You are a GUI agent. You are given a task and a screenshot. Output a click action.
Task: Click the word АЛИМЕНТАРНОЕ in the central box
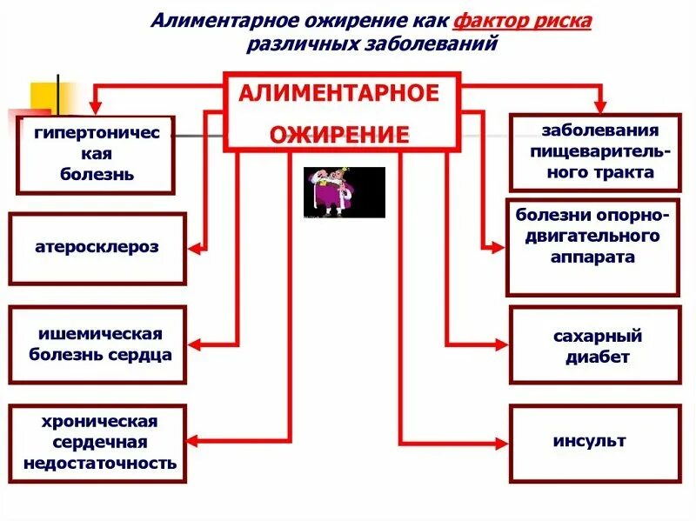[339, 94]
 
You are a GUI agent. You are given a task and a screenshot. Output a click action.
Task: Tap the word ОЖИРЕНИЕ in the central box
[339, 135]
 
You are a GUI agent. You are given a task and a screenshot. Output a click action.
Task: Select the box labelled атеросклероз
[97, 248]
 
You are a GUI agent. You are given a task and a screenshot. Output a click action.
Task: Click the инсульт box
[594, 443]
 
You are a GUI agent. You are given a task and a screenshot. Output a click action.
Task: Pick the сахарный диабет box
[594, 345]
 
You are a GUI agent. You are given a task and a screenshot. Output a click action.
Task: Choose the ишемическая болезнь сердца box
[97, 344]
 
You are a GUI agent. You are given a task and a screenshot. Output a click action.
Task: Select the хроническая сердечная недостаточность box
[97, 443]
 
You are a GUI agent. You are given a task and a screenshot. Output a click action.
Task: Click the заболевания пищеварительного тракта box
[594, 152]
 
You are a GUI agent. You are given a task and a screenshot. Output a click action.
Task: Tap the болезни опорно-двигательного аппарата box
[592, 247]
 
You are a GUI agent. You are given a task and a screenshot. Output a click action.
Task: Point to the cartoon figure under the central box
[344, 192]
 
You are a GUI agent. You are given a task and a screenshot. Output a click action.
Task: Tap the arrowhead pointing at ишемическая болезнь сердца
[197, 345]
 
